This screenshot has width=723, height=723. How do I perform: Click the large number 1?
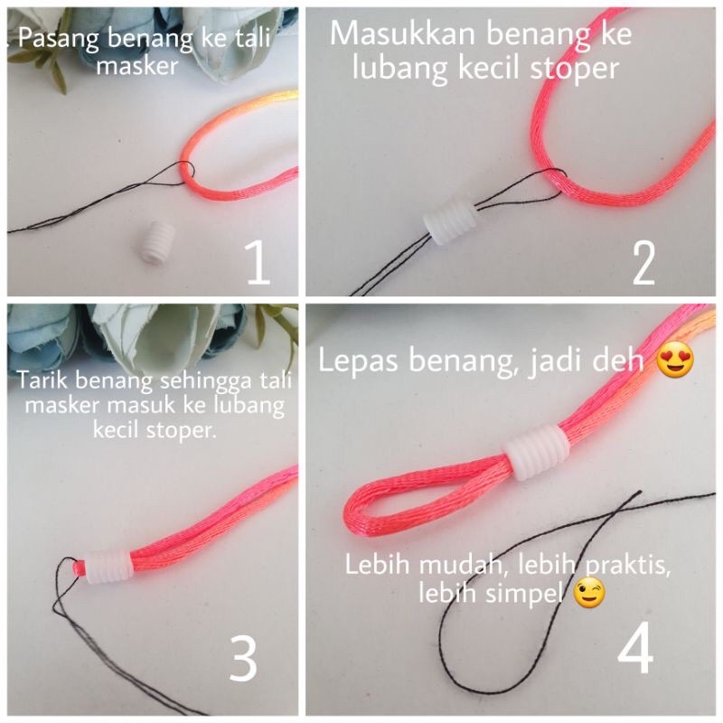click(x=258, y=262)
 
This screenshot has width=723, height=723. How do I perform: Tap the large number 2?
click(x=643, y=263)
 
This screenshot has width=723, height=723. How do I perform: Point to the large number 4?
click(x=636, y=648)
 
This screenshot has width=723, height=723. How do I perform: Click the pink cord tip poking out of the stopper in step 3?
click(x=80, y=568)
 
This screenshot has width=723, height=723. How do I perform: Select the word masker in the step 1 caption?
click(x=137, y=66)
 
